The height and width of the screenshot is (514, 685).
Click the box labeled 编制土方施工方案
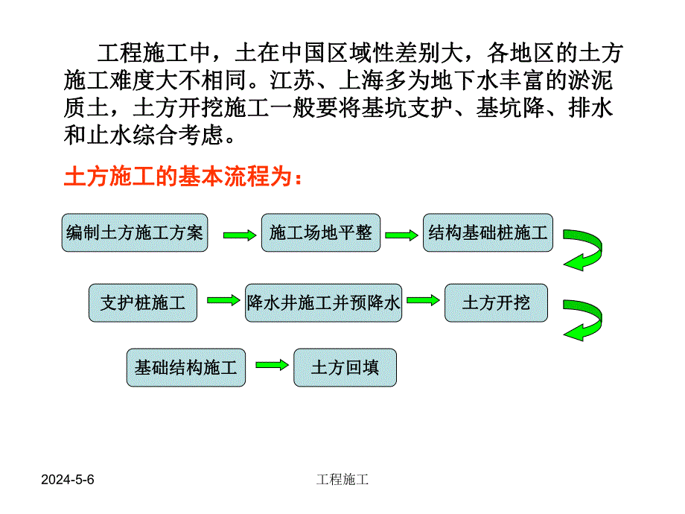pyautogui.click(x=134, y=232)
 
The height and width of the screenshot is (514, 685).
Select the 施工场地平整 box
pyautogui.click(x=321, y=232)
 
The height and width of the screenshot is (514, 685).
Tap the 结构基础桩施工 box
pyautogui.click(x=488, y=232)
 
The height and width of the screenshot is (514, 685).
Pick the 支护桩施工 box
pyautogui.click(x=143, y=302)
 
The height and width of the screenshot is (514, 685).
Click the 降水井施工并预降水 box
pyautogui.click(x=323, y=302)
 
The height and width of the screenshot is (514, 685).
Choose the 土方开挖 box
pyautogui.click(x=496, y=302)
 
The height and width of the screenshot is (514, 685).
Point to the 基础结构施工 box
pyautogui.click(x=185, y=367)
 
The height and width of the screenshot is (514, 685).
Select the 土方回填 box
pyautogui.click(x=345, y=367)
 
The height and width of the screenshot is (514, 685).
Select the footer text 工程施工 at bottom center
pyautogui.click(x=342, y=480)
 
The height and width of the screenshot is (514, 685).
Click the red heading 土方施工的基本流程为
pyautogui.click(x=183, y=178)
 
